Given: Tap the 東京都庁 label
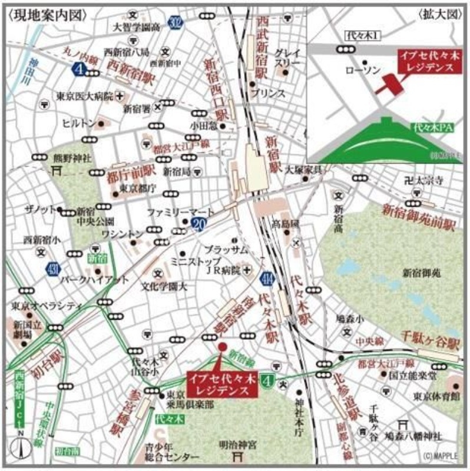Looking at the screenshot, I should tap(137, 188).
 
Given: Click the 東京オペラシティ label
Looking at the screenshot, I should tap(46, 307).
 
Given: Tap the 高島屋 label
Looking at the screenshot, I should tap(286, 224).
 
